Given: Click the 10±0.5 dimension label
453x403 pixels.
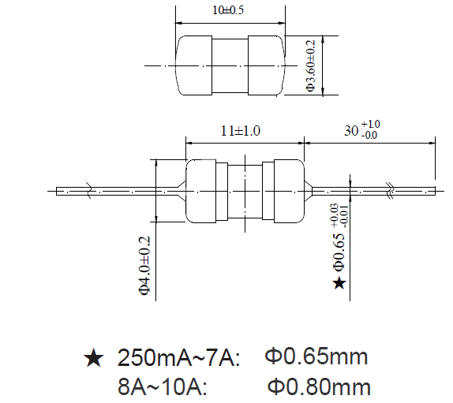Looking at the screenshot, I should click(x=229, y=10).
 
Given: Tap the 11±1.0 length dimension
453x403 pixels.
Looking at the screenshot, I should click(x=245, y=131).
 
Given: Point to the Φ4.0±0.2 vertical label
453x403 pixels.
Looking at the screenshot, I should click(x=144, y=265).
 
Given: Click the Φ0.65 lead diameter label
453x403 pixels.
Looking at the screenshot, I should click(x=339, y=245).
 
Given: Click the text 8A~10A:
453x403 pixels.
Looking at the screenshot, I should click(x=163, y=387).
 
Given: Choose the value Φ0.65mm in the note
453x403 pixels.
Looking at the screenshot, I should click(x=316, y=357).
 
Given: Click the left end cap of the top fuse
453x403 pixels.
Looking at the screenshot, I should click(x=194, y=65).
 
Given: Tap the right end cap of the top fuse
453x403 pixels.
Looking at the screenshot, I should click(x=266, y=65).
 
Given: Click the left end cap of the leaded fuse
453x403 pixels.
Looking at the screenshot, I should click(x=201, y=190).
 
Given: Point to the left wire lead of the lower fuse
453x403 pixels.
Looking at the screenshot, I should click(x=118, y=190).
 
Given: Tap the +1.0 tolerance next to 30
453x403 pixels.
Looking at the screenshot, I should click(x=371, y=125).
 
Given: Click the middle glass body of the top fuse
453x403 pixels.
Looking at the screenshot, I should click(x=230, y=65).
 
